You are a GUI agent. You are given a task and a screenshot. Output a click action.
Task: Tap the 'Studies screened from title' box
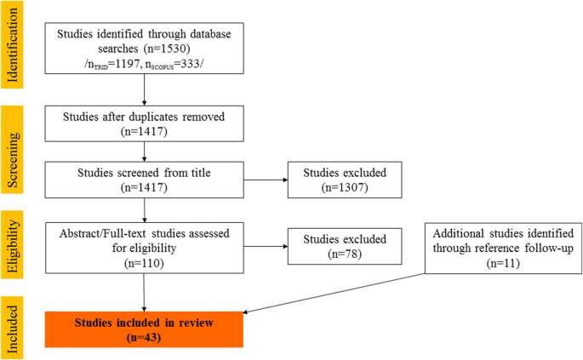pyautogui.click(x=146, y=180)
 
